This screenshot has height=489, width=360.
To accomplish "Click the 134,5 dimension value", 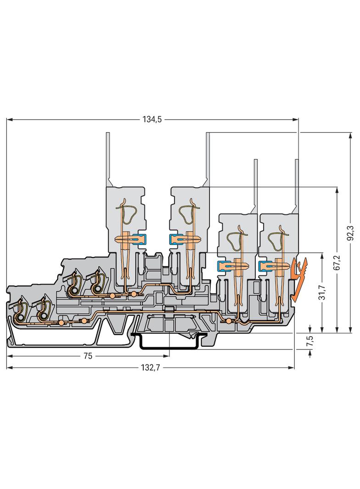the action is (x=152, y=119).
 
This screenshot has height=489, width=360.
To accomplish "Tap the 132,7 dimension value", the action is (x=151, y=368).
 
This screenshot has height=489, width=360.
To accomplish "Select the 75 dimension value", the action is (x=88, y=356).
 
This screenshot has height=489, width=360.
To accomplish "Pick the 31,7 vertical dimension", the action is (x=322, y=293).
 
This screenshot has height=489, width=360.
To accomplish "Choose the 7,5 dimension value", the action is (x=310, y=341).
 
